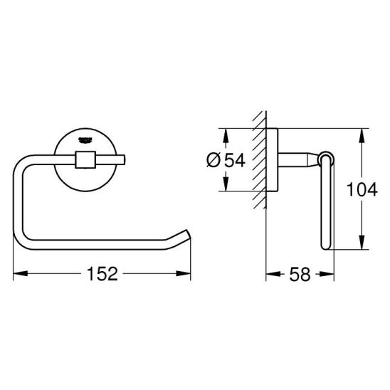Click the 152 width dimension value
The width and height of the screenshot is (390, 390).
tap(102, 273)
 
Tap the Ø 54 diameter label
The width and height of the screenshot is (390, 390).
tap(226, 160)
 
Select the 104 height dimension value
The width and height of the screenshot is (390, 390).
tap(362, 189)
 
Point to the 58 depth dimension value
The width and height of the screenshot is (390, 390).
tap(300, 274)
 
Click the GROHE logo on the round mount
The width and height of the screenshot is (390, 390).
tap(85, 140)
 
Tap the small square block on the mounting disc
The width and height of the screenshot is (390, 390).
tap(85, 159)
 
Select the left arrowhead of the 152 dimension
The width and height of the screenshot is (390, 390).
tap(20, 273)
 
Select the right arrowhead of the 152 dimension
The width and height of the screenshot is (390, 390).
tap(184, 273)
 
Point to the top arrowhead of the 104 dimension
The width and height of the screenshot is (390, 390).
tap(362, 136)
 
